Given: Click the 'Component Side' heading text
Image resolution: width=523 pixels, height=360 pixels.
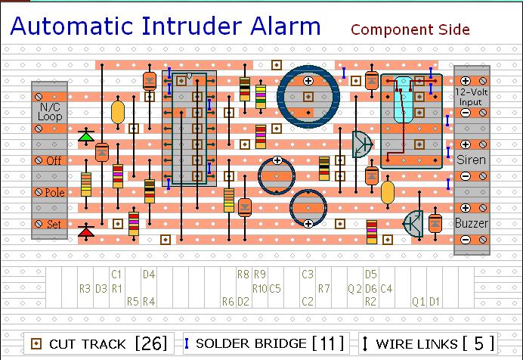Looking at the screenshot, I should click(x=410, y=29).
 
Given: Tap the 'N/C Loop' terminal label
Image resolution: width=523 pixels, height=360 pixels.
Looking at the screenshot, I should click(x=51, y=113).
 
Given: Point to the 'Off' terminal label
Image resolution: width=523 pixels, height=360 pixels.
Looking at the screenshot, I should click(x=54, y=160).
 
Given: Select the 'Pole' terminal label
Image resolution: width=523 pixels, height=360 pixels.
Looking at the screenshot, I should click(x=54, y=192).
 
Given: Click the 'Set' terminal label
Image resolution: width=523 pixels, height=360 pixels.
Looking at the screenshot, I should click(x=54, y=224).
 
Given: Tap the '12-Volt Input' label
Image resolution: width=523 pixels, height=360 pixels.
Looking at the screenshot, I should click(x=470, y=96).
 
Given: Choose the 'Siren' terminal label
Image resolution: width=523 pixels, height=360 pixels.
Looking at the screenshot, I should click(x=471, y=160).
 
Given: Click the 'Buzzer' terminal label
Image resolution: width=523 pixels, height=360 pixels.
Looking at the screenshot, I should click(x=471, y=223).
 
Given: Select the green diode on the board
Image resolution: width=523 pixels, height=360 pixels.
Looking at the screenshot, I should click(x=86, y=137).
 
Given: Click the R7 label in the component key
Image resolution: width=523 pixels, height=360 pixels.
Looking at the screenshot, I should click(x=324, y=288).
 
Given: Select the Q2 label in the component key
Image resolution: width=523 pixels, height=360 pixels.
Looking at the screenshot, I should click(x=354, y=288).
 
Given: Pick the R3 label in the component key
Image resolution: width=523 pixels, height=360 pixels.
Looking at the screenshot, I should click(x=85, y=288).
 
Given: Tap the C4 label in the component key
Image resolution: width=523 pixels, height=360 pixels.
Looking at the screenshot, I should click(x=385, y=288).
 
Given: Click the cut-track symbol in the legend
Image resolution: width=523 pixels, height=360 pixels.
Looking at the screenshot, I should click(x=35, y=343).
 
